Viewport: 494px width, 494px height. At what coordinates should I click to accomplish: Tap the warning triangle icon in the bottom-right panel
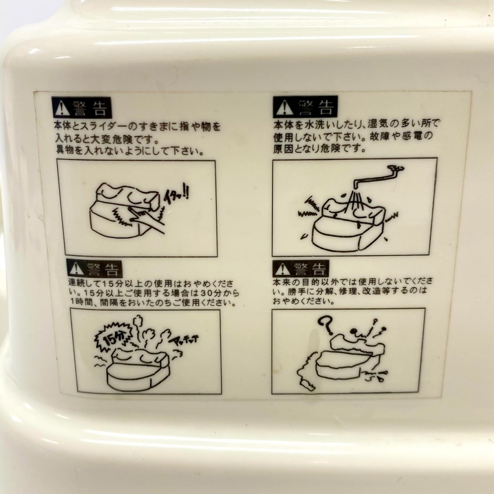point(282,269)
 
